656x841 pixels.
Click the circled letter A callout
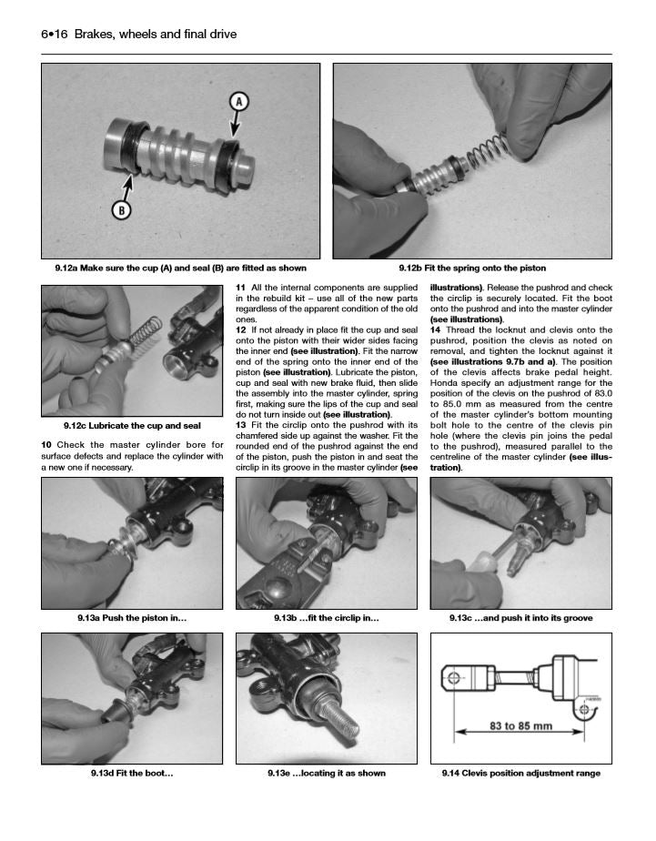[x=239, y=102]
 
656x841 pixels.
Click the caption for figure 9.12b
[x=472, y=269]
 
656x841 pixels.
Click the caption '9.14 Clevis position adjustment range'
[x=521, y=773]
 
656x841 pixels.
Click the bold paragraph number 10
[x=46, y=444]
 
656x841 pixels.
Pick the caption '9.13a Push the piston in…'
[x=132, y=618]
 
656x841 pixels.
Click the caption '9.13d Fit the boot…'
[x=132, y=773]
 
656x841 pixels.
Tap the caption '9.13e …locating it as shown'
[x=327, y=773]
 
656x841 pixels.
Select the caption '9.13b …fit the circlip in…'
[x=327, y=618]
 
